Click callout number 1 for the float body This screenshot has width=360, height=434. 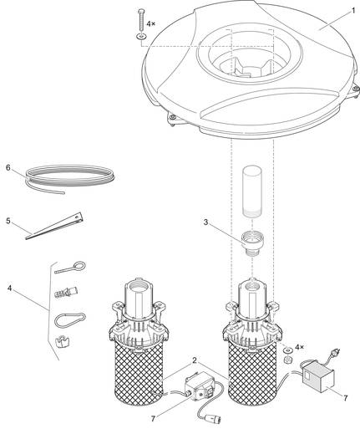point(353,11)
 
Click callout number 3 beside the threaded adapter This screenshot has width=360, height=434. point(205,222)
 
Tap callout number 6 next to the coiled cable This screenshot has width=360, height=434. point(8,167)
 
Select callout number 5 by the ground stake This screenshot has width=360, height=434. point(8,221)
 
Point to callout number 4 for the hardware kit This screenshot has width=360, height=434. point(10,288)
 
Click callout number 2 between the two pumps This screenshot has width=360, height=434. point(195,360)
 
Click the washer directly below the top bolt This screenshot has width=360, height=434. point(141,36)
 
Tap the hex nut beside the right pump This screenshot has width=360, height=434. point(286,360)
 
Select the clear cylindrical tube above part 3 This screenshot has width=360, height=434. point(252,191)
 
